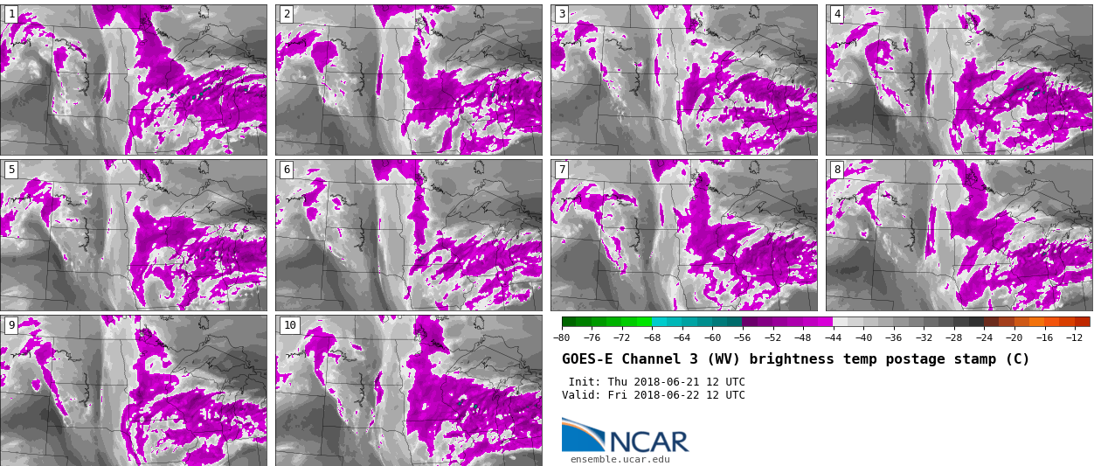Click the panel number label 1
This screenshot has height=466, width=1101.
click(11, 14)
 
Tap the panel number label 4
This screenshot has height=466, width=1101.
click(837, 14)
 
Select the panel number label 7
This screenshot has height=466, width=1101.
click(562, 170)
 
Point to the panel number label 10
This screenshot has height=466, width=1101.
click(289, 325)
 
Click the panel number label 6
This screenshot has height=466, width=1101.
click(287, 170)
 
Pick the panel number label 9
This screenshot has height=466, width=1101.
click(11, 325)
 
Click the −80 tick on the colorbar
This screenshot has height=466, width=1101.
click(562, 338)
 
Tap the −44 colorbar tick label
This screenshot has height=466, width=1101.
click(833, 338)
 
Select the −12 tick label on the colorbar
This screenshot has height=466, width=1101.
click(1074, 338)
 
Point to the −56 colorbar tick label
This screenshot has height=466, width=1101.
click(743, 338)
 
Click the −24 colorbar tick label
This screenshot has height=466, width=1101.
click(984, 338)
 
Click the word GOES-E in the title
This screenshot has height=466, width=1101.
click(587, 359)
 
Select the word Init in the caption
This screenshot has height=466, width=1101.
click(584, 382)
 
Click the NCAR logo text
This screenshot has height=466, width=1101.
click(648, 442)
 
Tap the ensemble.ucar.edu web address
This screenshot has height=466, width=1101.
click(620, 459)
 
